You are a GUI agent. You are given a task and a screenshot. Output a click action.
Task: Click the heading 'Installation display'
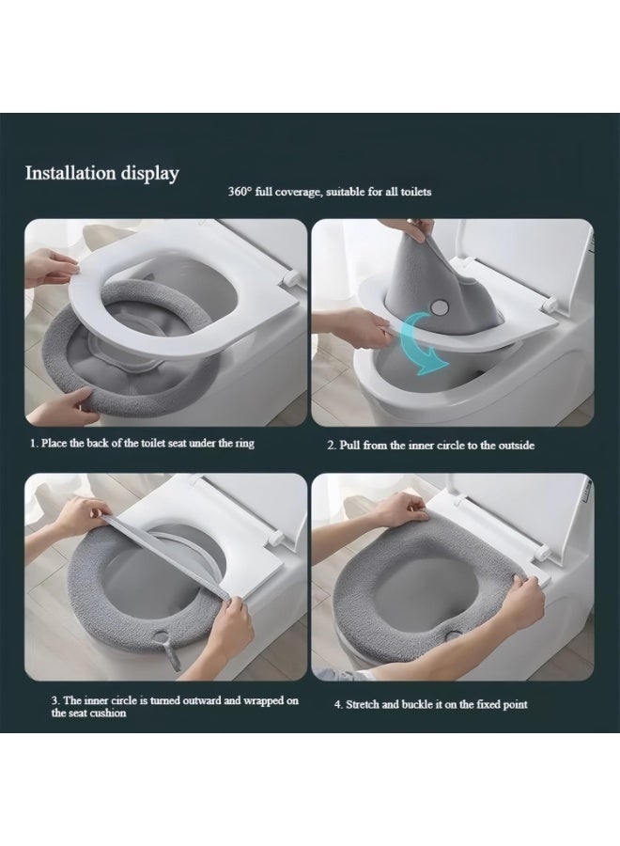101,174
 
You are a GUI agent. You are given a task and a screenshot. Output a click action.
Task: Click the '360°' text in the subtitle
240,192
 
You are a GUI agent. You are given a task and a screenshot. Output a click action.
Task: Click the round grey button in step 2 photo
441,307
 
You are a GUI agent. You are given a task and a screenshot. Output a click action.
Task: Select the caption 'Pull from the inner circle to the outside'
437,446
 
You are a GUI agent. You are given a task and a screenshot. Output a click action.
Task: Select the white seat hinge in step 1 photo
289,278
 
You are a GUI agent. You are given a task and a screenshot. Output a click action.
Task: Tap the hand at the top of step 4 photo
398,509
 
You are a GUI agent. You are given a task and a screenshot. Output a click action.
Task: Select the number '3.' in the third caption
55,700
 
